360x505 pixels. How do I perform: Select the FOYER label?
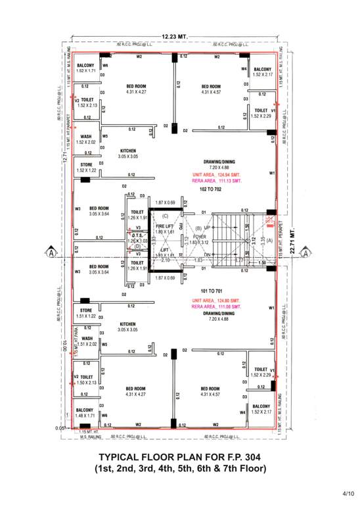199,236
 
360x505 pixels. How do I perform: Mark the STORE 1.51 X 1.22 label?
86,313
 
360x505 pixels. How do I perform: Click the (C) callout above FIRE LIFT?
165,216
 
